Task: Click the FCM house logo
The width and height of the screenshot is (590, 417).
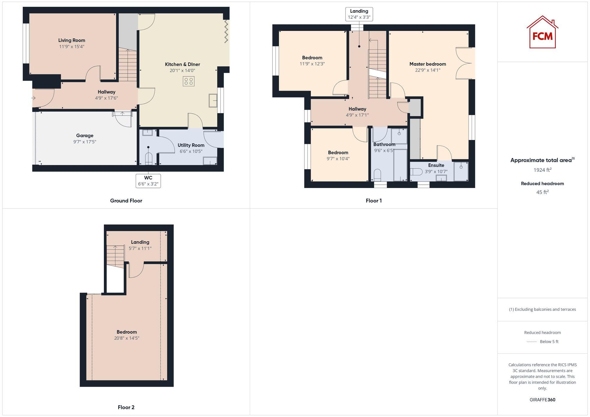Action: coord(542,32)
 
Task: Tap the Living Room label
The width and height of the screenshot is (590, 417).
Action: coord(72,40)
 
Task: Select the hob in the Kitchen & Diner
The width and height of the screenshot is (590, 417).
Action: coord(189,81)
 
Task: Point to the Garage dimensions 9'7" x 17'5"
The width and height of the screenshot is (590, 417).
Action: coord(85,142)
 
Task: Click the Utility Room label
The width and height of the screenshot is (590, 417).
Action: coord(191,145)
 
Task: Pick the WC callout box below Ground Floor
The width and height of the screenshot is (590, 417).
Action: coord(148,181)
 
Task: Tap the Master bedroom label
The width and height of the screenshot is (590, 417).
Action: coord(427,64)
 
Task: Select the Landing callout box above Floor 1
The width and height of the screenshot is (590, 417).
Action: coord(359,14)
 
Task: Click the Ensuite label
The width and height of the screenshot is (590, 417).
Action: coord(436,165)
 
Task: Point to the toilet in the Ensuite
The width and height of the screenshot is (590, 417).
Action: coord(416,172)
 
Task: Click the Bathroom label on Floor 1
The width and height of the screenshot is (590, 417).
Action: coord(384,144)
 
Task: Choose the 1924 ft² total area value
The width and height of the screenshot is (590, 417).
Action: coord(542,170)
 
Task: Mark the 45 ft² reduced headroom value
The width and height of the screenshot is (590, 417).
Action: coord(542,192)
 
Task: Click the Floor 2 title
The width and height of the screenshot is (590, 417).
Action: coord(126,407)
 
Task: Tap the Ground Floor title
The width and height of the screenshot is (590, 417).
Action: coord(126,201)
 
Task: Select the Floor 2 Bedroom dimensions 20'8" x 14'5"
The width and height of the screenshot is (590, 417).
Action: coord(127,338)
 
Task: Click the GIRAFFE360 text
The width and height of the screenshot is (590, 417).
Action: coord(542,400)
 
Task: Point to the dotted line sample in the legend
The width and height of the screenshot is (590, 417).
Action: coord(532,342)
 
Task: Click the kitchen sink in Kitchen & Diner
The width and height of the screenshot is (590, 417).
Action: coord(213,100)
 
